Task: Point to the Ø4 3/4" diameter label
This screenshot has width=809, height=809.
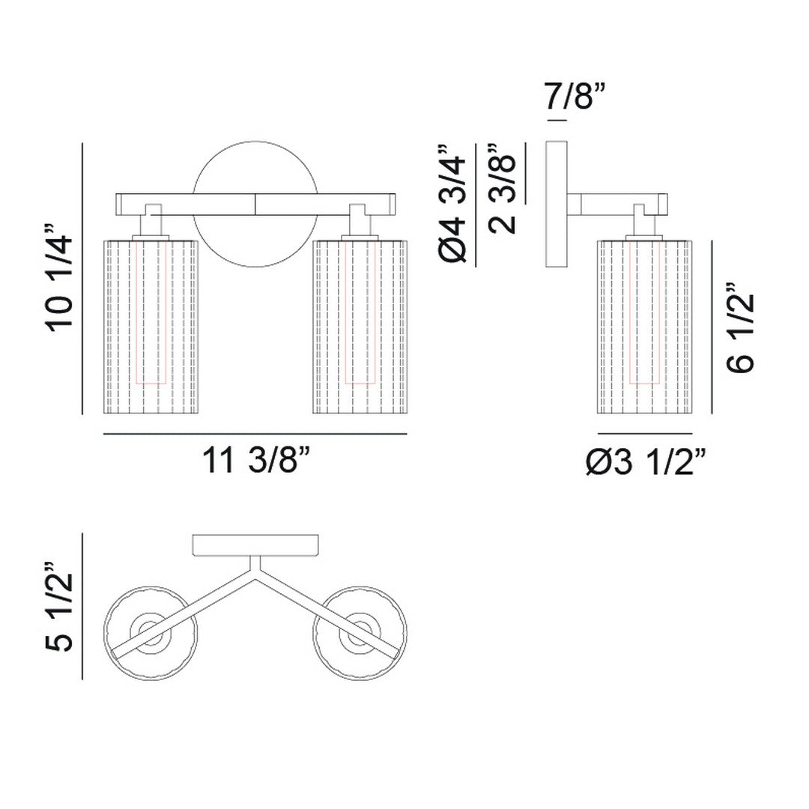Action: coord(452,204)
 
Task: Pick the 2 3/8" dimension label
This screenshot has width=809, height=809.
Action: coord(502,189)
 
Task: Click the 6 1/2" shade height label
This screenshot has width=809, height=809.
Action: coord(740,327)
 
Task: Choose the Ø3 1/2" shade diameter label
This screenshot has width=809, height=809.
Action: coord(646,461)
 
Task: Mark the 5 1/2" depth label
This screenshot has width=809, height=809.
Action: coord(60,607)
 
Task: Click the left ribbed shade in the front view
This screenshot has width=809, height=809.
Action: coord(151,327)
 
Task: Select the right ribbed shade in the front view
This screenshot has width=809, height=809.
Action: coord(360,327)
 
